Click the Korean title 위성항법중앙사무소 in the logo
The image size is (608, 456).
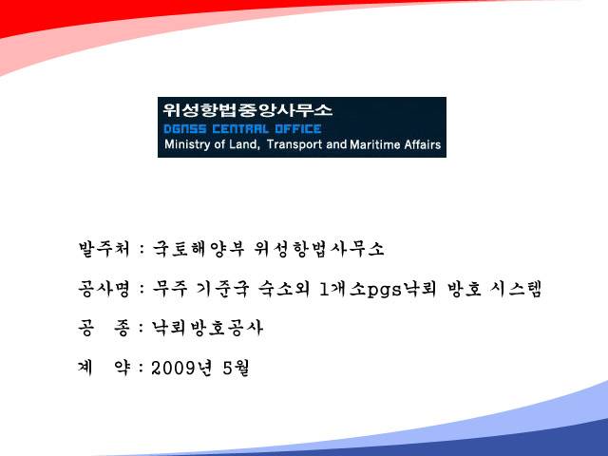click(x=247, y=110)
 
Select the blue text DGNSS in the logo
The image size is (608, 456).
click(x=185, y=129)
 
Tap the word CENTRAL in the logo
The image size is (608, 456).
click(x=240, y=129)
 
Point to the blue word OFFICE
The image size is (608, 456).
click(x=298, y=129)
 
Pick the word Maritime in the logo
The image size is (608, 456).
click(x=375, y=144)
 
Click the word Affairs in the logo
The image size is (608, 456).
click(x=423, y=144)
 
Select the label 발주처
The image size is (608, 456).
click(x=104, y=249)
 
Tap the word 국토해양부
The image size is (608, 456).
click(x=199, y=249)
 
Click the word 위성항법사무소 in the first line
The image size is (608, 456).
click(x=319, y=249)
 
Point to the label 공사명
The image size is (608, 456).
click(x=104, y=289)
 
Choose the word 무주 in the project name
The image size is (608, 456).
click(x=170, y=289)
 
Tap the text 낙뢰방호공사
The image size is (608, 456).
click(x=207, y=329)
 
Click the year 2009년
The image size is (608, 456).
click(x=181, y=368)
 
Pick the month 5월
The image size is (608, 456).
click(x=236, y=368)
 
